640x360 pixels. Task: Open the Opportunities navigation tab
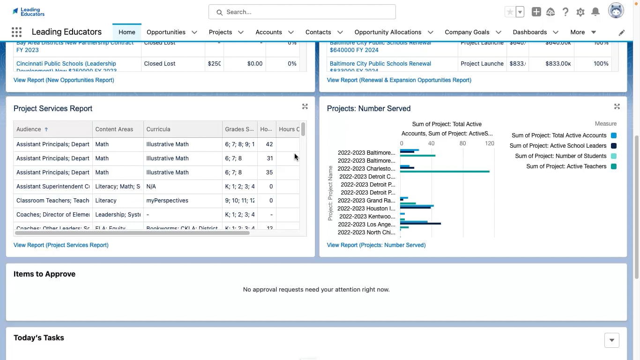coord(166,32)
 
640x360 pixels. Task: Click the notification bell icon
coord(595,12)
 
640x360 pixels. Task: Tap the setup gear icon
coord(580,12)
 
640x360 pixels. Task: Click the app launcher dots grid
coord(16,32)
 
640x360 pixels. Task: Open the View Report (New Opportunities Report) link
coord(64,80)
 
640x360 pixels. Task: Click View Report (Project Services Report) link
coord(61,245)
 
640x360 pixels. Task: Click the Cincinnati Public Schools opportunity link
coord(66,64)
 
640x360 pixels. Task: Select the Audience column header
coord(29,129)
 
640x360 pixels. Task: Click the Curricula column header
coord(158,129)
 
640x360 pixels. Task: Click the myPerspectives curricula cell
coord(167,201)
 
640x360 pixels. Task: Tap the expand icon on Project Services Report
coord(305,107)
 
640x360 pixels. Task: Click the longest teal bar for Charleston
coord(445,172)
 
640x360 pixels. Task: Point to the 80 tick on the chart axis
coord(462,143)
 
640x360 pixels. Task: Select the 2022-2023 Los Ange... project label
coord(366,225)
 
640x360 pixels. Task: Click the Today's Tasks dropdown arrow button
coord(611,340)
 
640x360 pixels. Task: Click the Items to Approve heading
coord(45,274)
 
